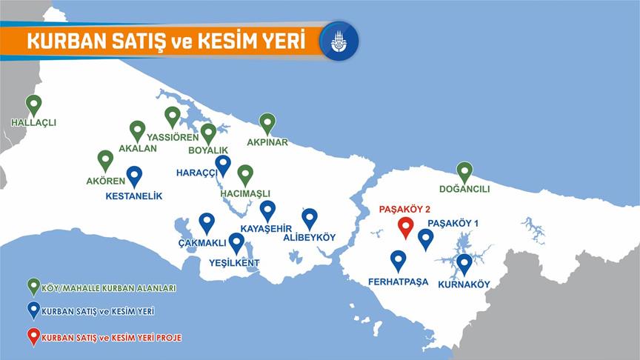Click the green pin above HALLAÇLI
coord(33,104)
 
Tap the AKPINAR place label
coord(267,141)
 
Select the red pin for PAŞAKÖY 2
coord(405,226)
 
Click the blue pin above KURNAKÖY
coord(464,263)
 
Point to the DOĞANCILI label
coord(464,189)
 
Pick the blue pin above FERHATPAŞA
coord(399,259)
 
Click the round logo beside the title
coord(339,41)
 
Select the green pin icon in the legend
coord(33,287)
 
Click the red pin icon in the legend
coord(33,336)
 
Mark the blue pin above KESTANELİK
coord(134,176)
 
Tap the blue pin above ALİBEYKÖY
coord(310,217)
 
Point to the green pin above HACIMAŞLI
coord(245,174)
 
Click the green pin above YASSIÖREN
coord(173,116)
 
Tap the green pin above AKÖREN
coord(106,159)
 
